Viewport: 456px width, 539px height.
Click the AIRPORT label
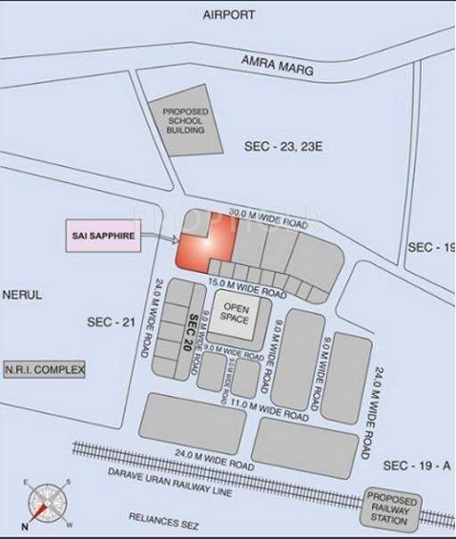229,15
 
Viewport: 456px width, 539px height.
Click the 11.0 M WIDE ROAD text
267,406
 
